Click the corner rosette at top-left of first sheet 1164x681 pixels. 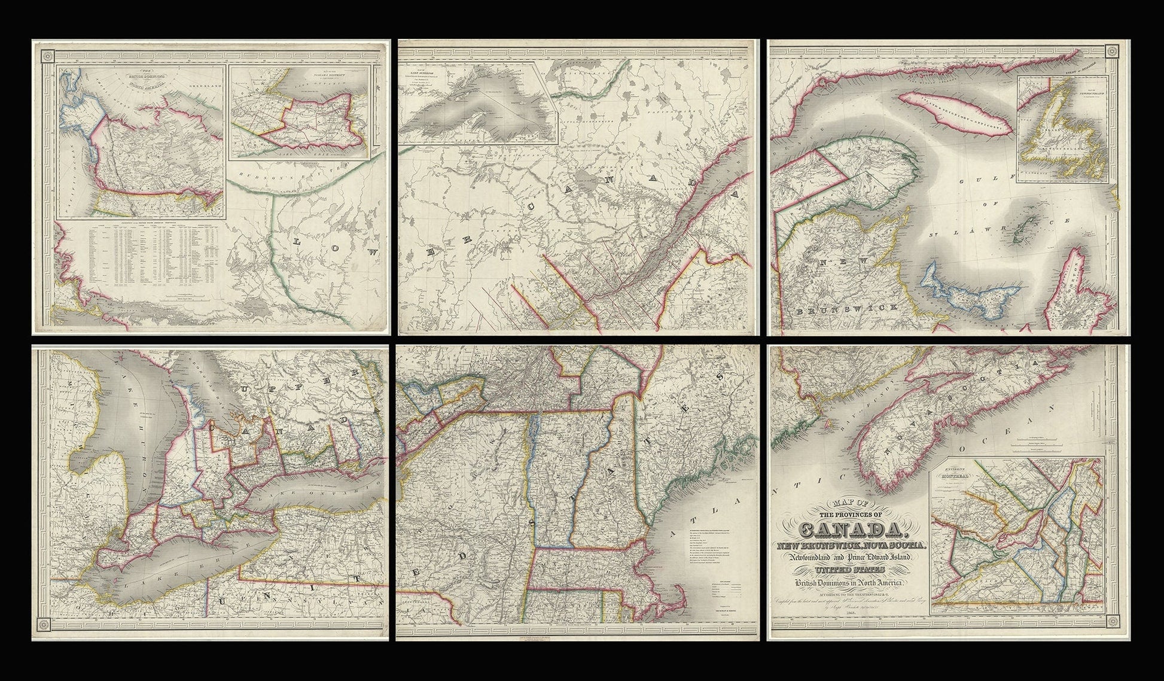tap(46, 55)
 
